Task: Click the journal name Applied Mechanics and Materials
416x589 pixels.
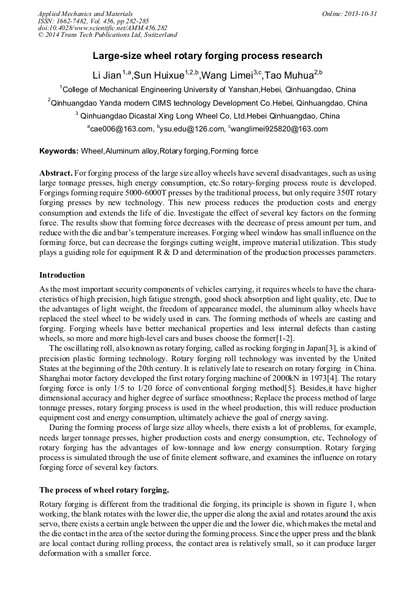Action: [x=85, y=14]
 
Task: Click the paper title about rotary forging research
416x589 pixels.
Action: [x=207, y=56]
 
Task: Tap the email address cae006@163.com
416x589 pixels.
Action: [x=120, y=129]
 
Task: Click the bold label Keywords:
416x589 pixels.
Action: [x=59, y=151]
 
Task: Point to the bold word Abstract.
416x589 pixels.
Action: [x=56, y=174]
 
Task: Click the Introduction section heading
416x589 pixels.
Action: [x=62, y=275]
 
